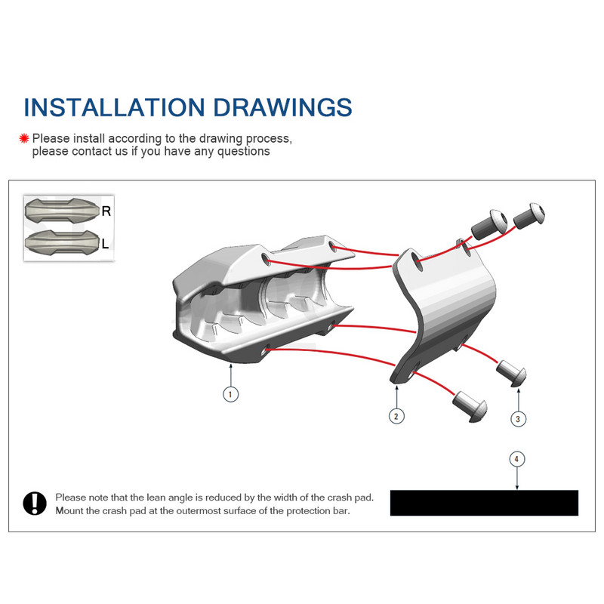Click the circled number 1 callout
click(x=230, y=394)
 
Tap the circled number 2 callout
click(x=396, y=416)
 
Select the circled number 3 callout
click(x=518, y=419)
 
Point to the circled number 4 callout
click(x=517, y=459)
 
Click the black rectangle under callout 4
click(x=484, y=503)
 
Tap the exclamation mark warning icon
click(x=35, y=503)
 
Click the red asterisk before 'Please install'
click(x=24, y=138)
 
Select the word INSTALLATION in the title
click(x=114, y=107)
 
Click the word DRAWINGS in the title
click(x=282, y=107)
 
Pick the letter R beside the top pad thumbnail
click(x=106, y=211)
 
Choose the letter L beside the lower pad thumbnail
click(x=105, y=243)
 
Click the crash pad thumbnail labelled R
click(x=63, y=211)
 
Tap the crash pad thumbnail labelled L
click(x=63, y=242)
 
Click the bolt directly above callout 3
click(x=512, y=373)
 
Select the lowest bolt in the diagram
click(x=470, y=407)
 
